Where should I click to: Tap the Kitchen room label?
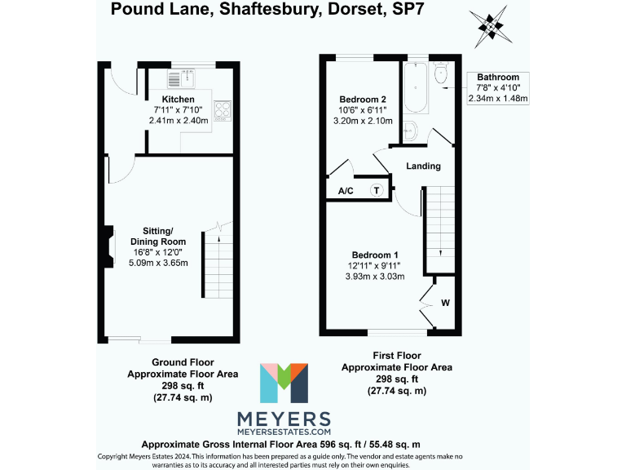[x=179, y=100]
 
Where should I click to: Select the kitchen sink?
[x=179, y=78]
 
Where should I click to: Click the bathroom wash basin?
[x=409, y=130]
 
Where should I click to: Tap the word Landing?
[x=424, y=166]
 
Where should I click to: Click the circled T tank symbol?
[x=377, y=190]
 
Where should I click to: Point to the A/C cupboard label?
[x=345, y=191]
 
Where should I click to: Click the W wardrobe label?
[x=445, y=303]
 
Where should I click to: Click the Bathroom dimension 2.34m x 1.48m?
[x=498, y=99]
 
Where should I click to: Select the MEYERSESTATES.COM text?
[x=284, y=431]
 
